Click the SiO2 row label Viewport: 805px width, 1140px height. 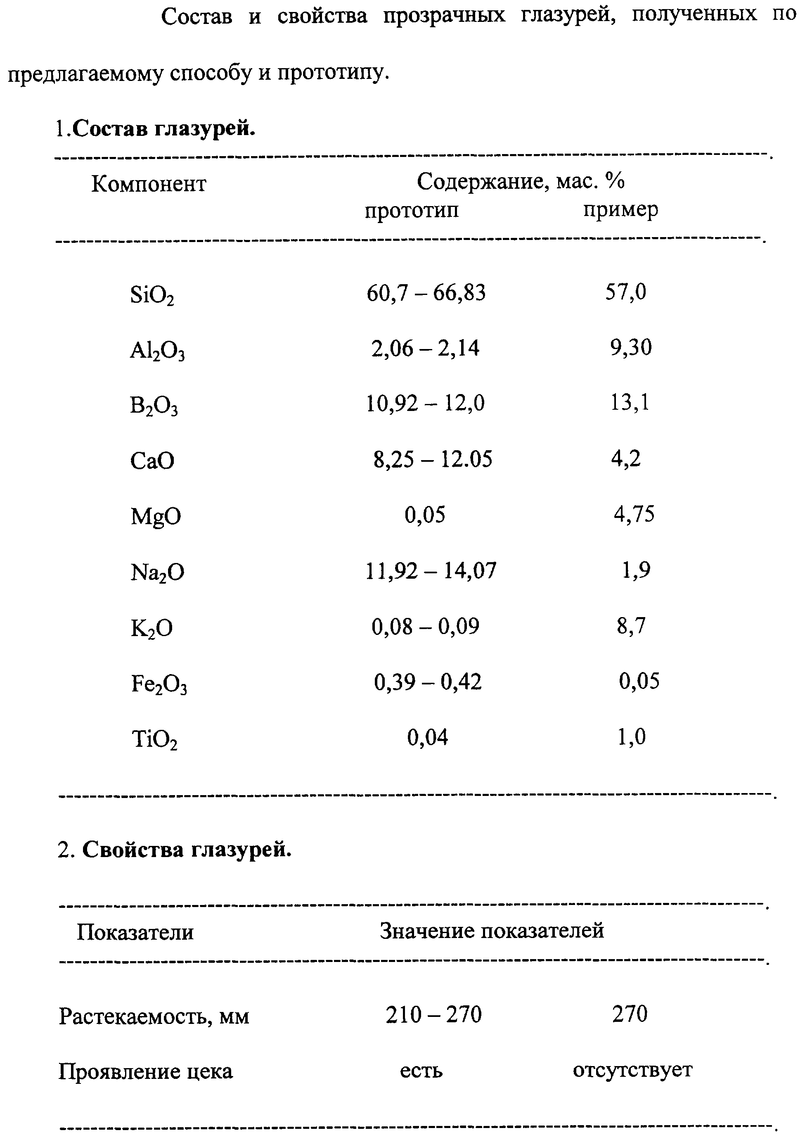click(152, 295)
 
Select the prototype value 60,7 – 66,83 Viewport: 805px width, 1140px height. click(426, 293)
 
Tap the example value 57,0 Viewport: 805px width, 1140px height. click(625, 292)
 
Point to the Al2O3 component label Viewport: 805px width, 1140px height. click(157, 351)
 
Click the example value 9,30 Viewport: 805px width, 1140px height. click(630, 347)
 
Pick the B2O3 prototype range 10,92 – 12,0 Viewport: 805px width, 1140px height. click(425, 403)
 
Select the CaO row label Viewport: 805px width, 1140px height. click(152, 461)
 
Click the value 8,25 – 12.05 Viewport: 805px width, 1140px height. click(432, 459)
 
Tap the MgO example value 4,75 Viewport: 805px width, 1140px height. click(634, 514)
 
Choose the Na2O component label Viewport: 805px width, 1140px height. click(157, 572)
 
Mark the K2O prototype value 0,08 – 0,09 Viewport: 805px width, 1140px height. click(425, 626)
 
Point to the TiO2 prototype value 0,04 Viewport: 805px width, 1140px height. click(427, 737)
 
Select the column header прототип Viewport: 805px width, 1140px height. click(412, 211)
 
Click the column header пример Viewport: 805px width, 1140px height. click(620, 209)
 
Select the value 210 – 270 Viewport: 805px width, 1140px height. click(433, 1014)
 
